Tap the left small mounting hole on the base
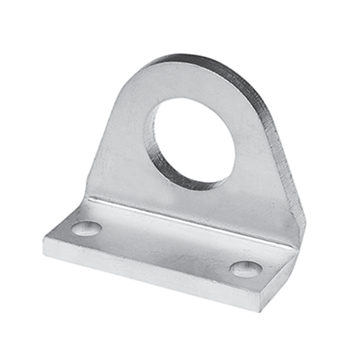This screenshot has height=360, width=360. coord(86,228)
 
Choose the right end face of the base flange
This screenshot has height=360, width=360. coord(277,284)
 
